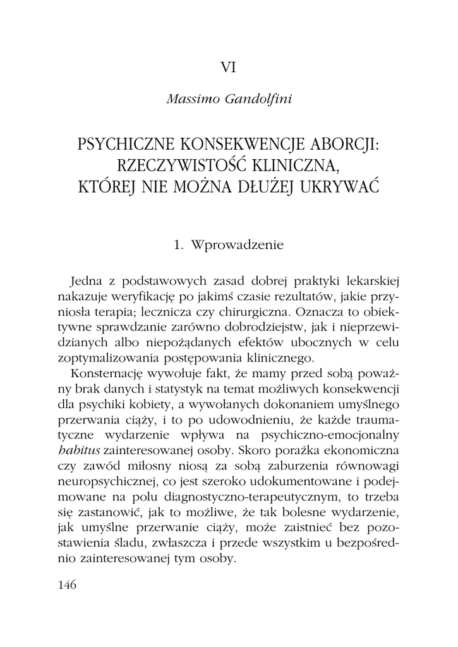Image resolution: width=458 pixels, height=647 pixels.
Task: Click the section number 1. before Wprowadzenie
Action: [178, 245]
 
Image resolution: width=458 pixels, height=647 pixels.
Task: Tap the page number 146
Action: [67, 584]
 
